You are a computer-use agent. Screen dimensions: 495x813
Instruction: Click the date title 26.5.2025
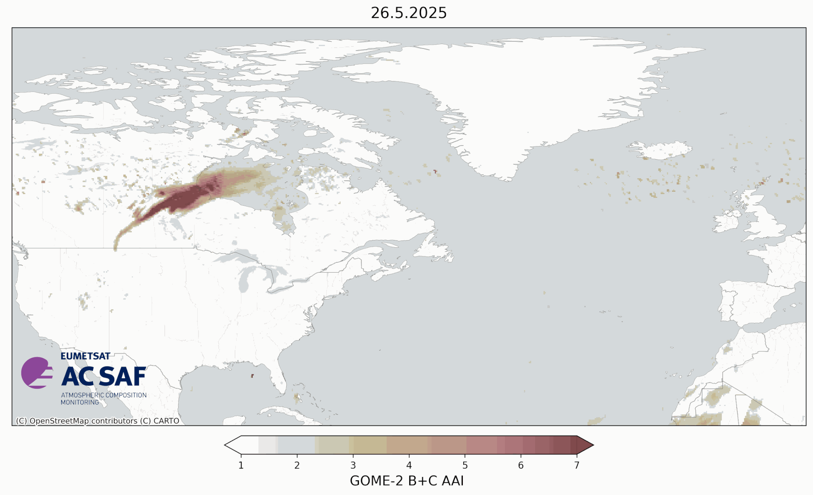pos(408,13)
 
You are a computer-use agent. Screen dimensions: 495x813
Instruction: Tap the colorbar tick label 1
pos(241,465)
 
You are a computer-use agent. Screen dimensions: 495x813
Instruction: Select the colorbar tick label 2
pos(297,465)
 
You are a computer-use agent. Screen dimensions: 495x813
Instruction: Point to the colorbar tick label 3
pos(353,465)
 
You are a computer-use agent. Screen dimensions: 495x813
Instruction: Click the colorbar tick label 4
pos(409,465)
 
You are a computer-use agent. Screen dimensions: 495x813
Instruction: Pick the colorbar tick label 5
pos(465,465)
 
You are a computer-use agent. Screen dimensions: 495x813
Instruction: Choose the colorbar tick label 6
pos(521,465)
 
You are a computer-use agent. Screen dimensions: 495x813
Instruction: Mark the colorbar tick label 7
pos(577,465)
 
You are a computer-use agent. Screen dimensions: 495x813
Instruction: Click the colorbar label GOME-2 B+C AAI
pos(406,481)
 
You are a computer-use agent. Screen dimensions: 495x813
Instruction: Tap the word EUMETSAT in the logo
pos(85,356)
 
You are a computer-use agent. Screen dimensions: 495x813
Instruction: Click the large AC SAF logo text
pos(104,376)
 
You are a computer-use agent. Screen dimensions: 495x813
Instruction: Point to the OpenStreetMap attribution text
pos(98,421)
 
